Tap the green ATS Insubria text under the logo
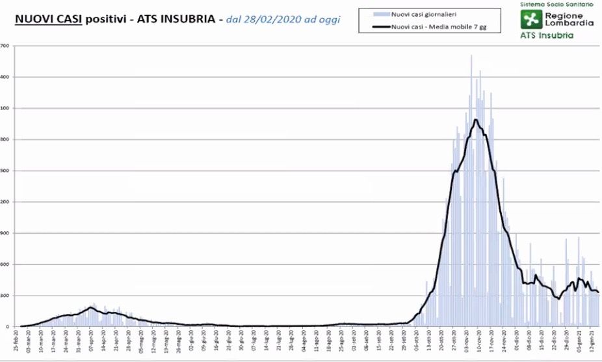tap(547, 35)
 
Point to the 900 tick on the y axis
tap(5, 233)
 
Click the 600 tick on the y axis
tap(5, 264)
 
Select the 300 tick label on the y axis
tap(5, 296)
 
